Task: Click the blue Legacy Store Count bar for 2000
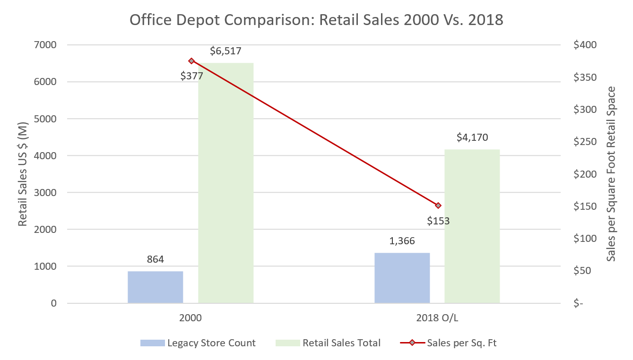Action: click(x=155, y=287)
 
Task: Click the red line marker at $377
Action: click(x=191, y=61)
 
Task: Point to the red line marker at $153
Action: click(x=438, y=206)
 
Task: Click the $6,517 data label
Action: click(x=226, y=51)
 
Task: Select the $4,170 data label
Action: click(x=472, y=137)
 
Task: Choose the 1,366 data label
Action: click(x=402, y=241)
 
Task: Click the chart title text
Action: click(x=316, y=20)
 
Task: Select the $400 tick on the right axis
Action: click(x=585, y=45)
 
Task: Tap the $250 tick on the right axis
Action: click(x=585, y=142)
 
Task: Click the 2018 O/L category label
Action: click(x=437, y=318)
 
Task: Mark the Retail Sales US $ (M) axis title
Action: click(x=23, y=174)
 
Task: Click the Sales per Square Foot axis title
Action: click(x=611, y=174)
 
